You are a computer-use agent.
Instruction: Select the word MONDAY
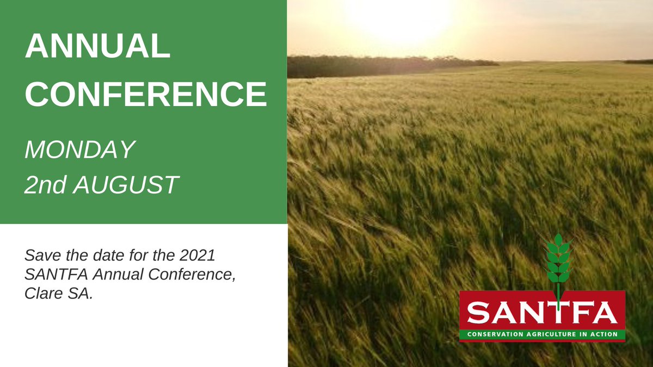click(79, 150)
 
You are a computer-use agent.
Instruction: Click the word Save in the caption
click(42, 255)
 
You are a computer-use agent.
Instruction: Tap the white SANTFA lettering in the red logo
click(542, 313)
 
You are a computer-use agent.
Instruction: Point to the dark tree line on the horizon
click(381, 66)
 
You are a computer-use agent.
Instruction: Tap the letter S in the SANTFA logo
click(479, 313)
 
